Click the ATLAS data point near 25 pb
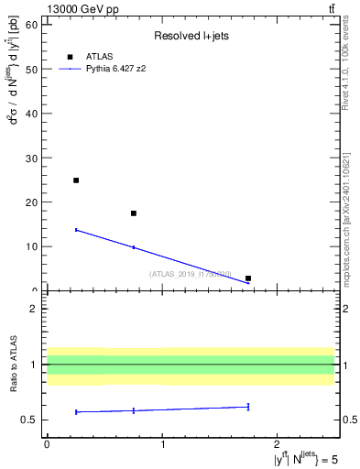(76, 180)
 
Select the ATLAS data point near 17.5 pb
(134, 213)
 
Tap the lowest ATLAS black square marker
(248, 278)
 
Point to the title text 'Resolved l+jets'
(191, 37)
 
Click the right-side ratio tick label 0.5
(349, 420)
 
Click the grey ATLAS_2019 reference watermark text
(191, 274)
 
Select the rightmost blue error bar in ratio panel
(248, 407)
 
